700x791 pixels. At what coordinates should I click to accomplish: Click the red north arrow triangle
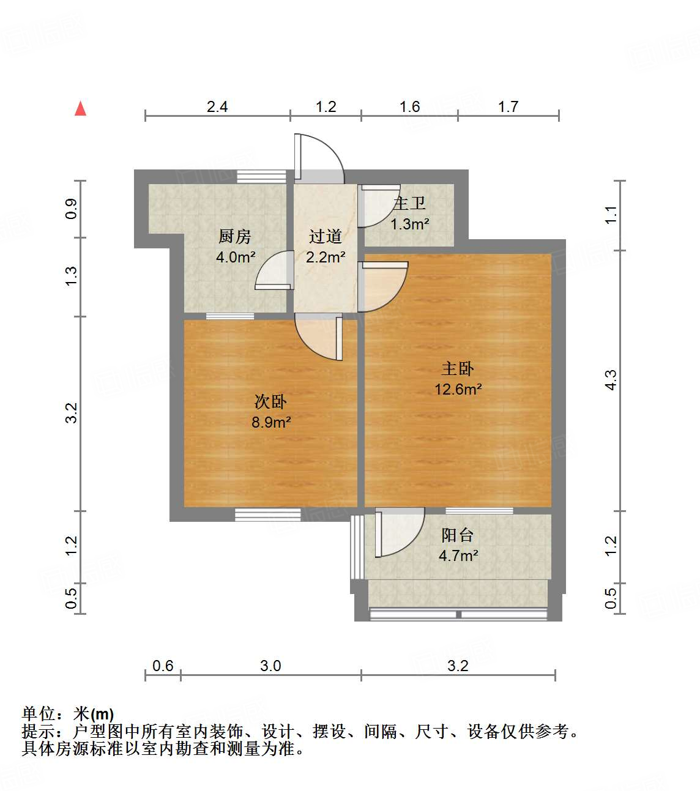pos(80,108)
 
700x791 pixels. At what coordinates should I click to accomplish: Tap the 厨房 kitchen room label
pos(235,236)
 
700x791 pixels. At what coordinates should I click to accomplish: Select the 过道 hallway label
pos(325,236)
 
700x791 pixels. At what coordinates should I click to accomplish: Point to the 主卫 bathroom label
pos(409,203)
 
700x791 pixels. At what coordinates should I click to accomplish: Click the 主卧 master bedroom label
pos(458,368)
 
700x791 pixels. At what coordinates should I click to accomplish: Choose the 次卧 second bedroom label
pos(270,401)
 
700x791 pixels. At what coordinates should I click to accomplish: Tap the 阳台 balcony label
pos(458,535)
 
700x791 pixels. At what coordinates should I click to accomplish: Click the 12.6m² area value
pos(458,390)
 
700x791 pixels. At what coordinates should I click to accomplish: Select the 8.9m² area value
pos(271,422)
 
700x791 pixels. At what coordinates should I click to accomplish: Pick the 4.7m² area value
pos(458,556)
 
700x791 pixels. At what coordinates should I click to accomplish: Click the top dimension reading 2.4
pos(217,107)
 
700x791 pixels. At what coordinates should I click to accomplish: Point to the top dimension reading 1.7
pos(508,107)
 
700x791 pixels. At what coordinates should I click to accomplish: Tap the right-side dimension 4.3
pos(611,380)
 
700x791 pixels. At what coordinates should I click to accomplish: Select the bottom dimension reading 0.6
pos(163,666)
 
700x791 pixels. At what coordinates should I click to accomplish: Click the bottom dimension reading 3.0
pos(270,666)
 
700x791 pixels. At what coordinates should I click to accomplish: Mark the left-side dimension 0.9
pos(72,209)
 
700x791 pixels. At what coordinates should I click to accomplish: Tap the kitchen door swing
pos(274,270)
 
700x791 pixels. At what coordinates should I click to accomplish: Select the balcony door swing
pos(399,532)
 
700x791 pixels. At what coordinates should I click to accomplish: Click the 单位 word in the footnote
pos(39,714)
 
